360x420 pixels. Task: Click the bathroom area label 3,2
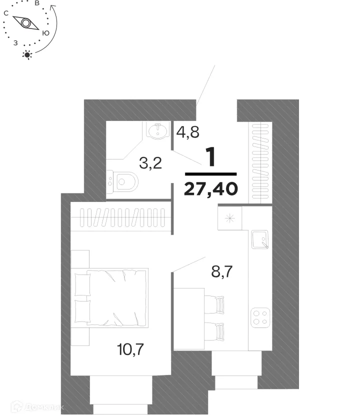coord(150,163)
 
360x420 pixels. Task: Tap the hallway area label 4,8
coord(188,132)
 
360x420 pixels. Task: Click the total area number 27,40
coord(210,189)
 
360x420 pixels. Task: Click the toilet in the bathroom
coord(124,182)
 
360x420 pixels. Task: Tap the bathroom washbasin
coord(159,131)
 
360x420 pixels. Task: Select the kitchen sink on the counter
coord(260,240)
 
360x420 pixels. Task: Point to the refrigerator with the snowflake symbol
coord(230,218)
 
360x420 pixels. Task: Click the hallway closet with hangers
coord(260,162)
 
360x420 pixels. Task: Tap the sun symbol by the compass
coord(27,54)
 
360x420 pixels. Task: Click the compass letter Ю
coord(45,33)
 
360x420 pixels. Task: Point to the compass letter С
coord(6,14)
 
